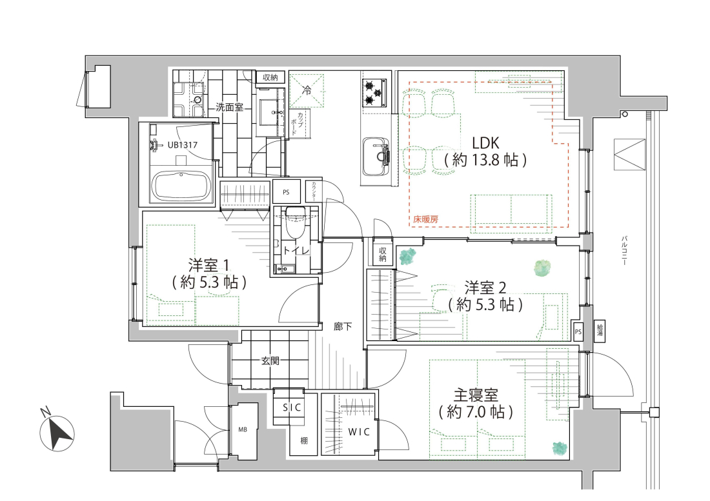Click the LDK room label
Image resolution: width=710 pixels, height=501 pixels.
click(485, 143)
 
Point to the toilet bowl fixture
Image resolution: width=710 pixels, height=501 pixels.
click(295, 221)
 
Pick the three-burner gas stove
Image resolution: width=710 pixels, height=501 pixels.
click(374, 93)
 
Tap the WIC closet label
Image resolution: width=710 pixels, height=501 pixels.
click(359, 432)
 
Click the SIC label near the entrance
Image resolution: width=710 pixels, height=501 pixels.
click(292, 408)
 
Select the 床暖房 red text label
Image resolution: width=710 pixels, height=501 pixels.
click(425, 220)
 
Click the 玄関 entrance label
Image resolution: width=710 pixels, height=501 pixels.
click(270, 361)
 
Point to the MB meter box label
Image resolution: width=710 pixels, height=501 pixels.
click(243, 429)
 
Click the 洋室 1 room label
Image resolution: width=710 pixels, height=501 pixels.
click(209, 265)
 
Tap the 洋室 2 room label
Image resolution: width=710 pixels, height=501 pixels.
click(485, 288)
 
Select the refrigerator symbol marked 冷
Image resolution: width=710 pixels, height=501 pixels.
click(307, 90)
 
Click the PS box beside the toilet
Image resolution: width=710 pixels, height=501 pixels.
click(286, 192)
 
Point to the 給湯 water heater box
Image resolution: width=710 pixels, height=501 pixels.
click(600, 331)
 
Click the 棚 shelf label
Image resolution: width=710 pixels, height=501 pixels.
click(304, 440)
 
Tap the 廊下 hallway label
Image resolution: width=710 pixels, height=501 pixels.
click(343, 326)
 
